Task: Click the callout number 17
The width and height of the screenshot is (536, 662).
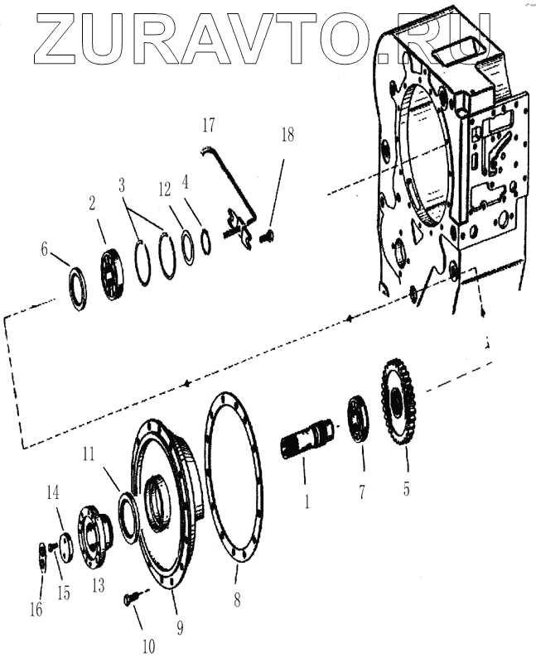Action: pyautogui.click(x=208, y=126)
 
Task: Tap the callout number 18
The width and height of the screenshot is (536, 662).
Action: pyautogui.click(x=287, y=135)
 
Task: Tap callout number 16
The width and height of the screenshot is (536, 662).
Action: pyautogui.click(x=35, y=609)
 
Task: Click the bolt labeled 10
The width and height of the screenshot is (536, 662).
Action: pyautogui.click(x=130, y=597)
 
